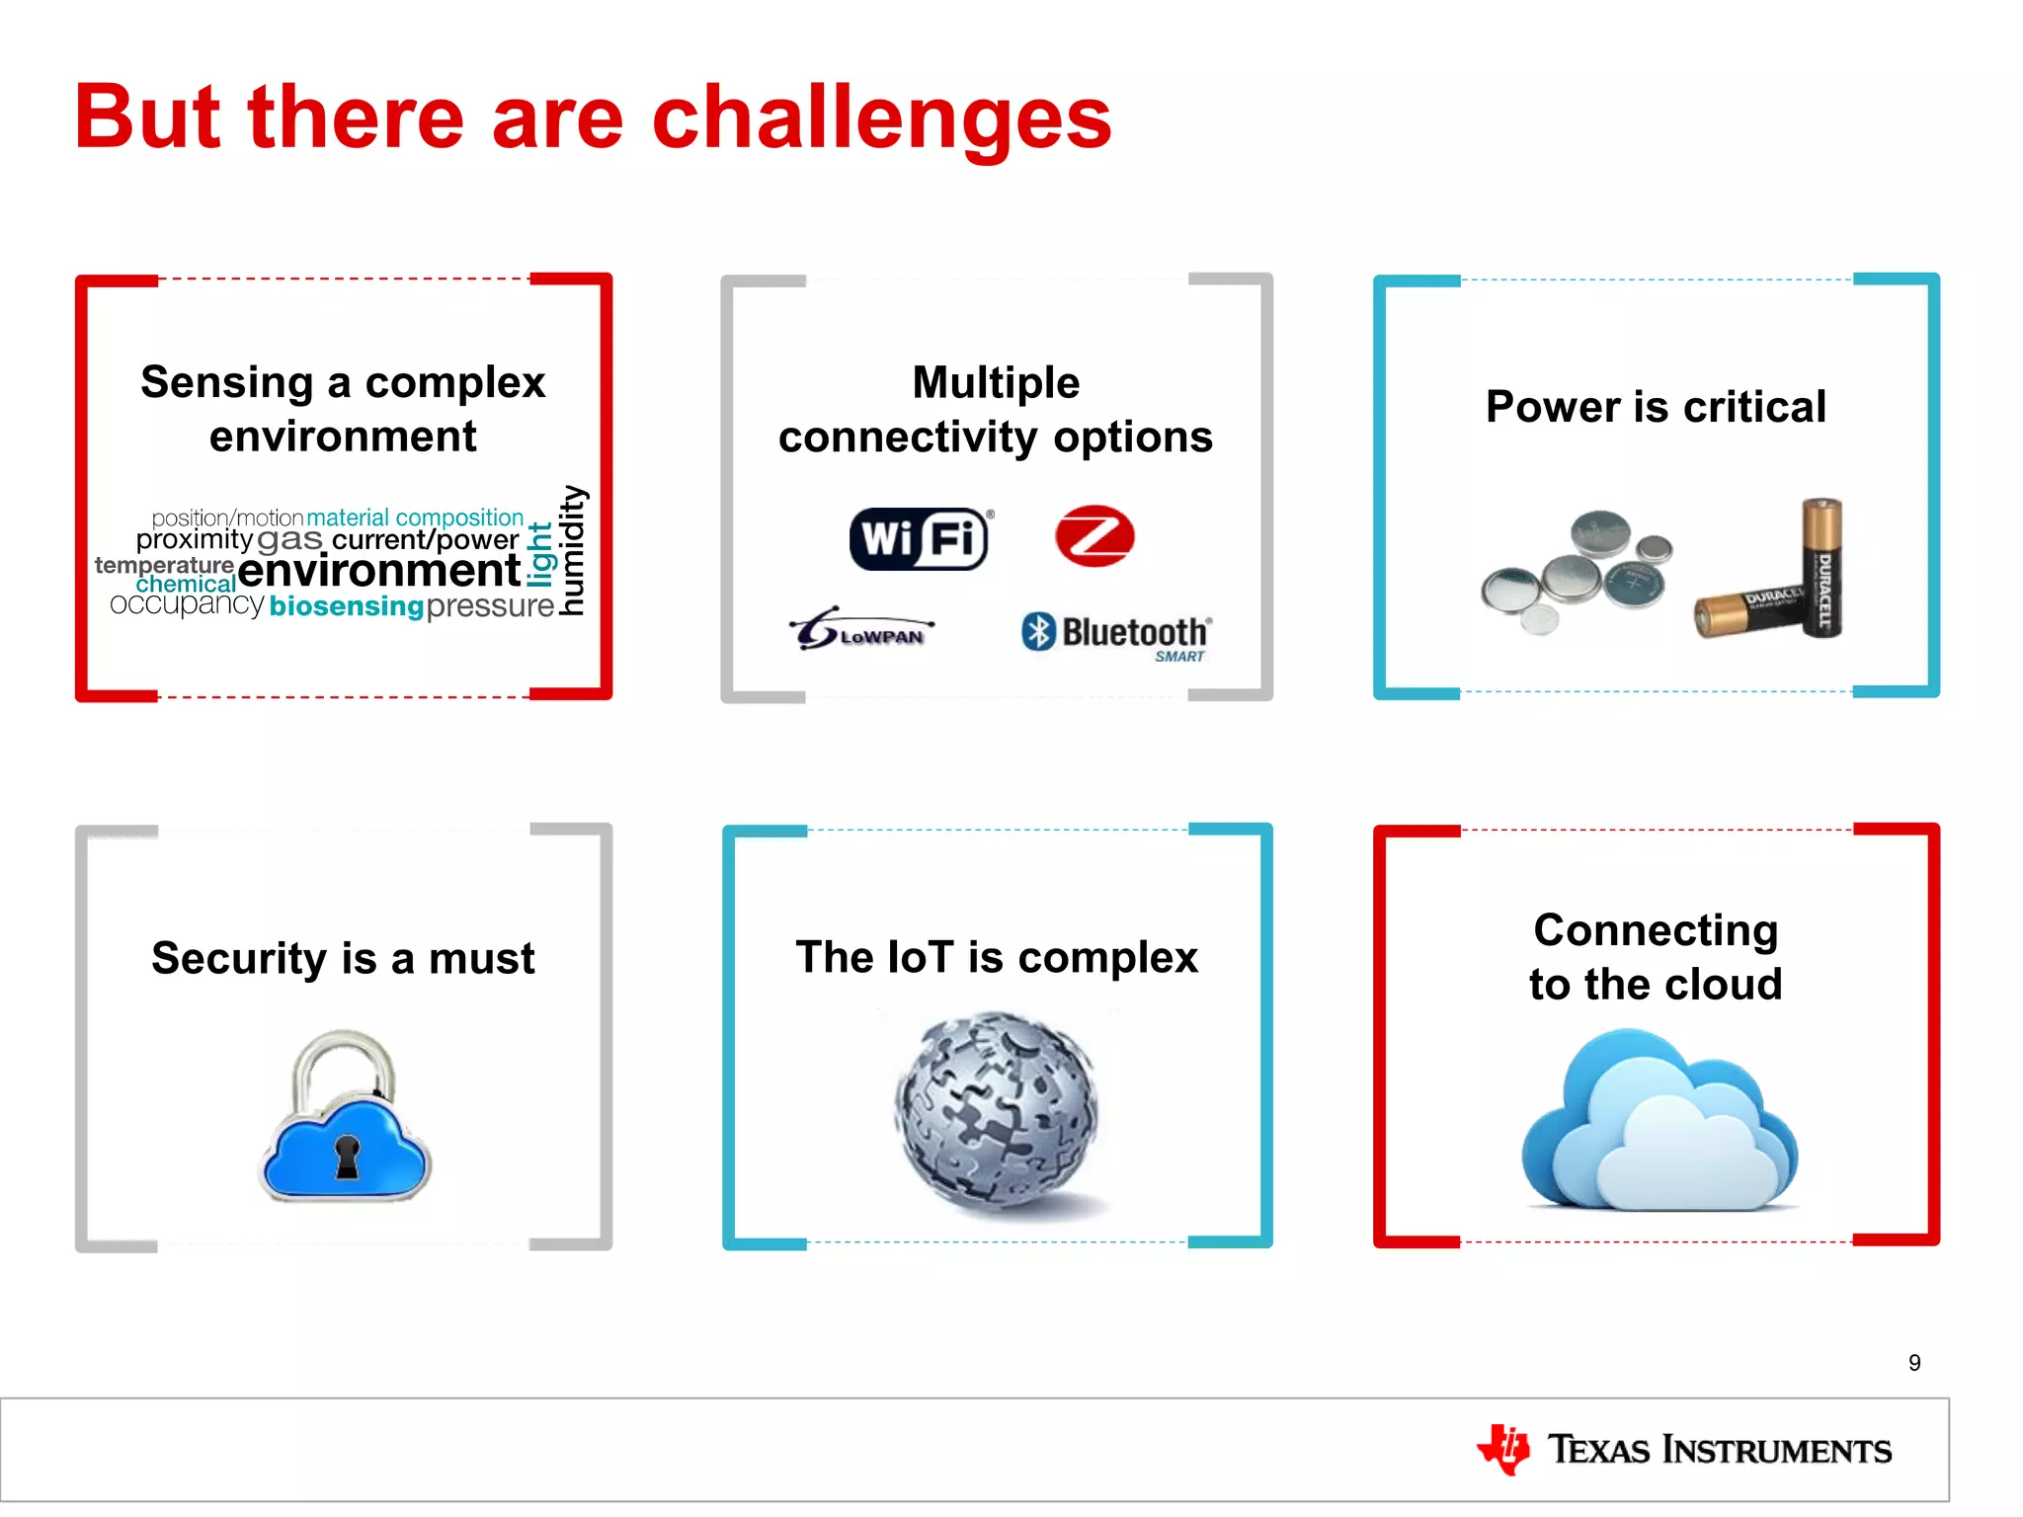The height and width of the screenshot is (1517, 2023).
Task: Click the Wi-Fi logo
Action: [x=919, y=538]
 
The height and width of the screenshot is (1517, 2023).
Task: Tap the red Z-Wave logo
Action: [x=1094, y=536]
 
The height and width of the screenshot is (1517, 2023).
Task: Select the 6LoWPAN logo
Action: [x=861, y=629]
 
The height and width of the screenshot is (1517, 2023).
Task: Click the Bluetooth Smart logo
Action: [x=1116, y=635]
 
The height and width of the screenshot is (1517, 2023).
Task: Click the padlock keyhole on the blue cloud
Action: [x=347, y=1157]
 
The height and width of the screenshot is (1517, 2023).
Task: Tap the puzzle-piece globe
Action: [x=996, y=1108]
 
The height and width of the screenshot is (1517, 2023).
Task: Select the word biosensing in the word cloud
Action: [x=346, y=606]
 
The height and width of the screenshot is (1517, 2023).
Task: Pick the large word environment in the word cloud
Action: [x=378, y=570]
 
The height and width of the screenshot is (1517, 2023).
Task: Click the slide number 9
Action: [x=1914, y=1363]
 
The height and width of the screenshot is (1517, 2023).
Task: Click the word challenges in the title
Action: [x=881, y=118]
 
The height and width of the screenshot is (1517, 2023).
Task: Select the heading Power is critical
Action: [x=1656, y=407]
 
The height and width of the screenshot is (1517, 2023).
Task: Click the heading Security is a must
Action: [x=343, y=958]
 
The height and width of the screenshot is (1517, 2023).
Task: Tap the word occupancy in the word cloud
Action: [x=187, y=603]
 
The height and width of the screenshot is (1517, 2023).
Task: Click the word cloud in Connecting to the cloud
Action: [x=1723, y=985]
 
